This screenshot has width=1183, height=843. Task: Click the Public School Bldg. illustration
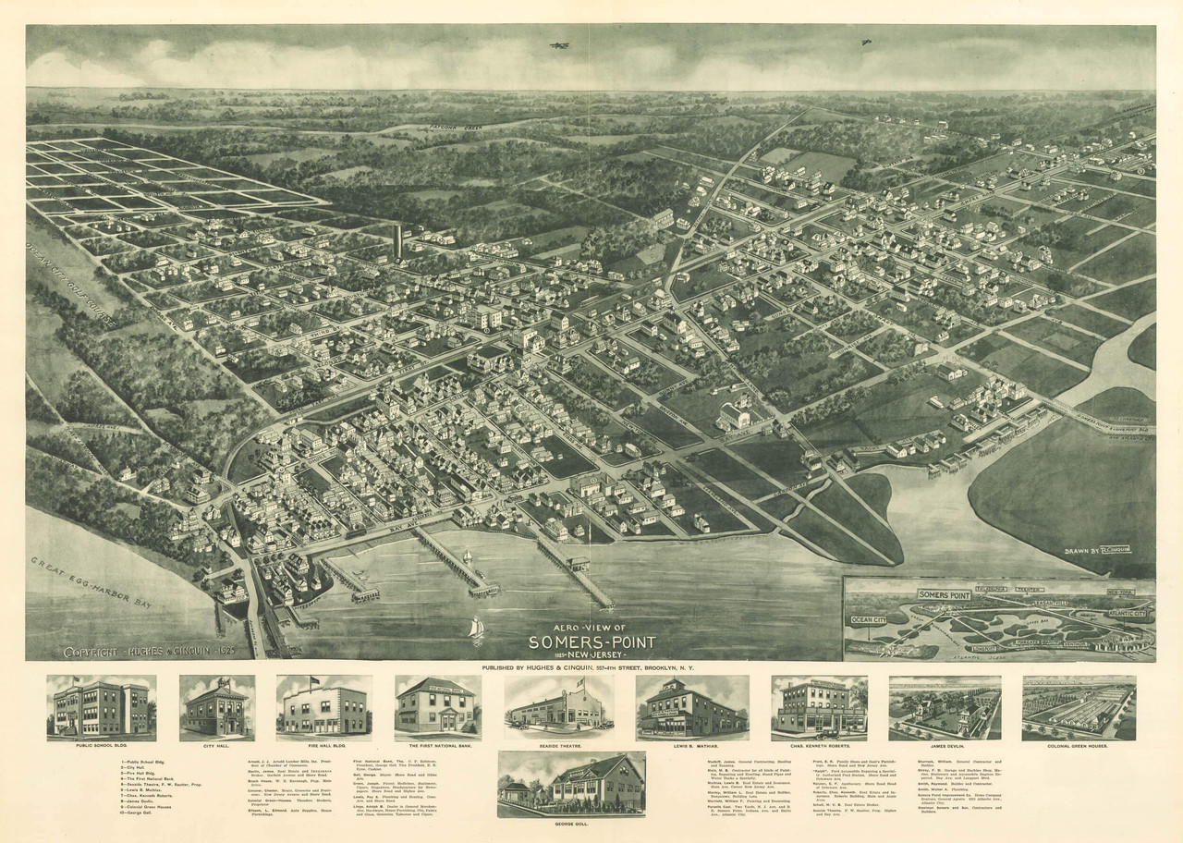[x=102, y=707]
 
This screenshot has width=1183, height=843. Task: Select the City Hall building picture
[x=217, y=707]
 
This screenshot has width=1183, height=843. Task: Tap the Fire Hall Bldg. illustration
[x=323, y=708]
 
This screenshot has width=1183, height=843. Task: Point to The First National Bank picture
[x=437, y=707]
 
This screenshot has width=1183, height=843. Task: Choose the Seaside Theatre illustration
[x=558, y=708]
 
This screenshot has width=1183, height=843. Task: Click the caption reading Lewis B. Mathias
[x=691, y=742]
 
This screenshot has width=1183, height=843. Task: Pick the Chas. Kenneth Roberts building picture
[x=819, y=707]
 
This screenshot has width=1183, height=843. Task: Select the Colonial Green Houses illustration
[x=1079, y=707]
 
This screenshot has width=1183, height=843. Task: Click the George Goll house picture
[x=571, y=784]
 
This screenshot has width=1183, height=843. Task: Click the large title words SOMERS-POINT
[x=592, y=641]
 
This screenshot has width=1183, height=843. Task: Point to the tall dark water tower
[x=397, y=241]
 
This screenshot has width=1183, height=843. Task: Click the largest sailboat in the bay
[x=476, y=629]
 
